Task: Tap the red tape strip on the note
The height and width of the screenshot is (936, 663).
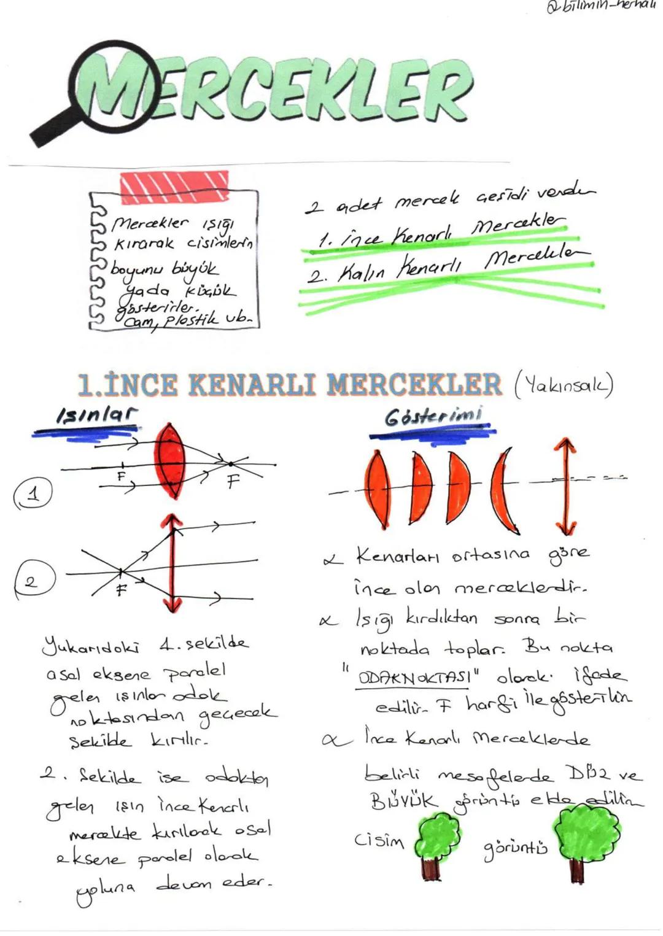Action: point(174,187)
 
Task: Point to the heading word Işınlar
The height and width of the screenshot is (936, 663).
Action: point(96,416)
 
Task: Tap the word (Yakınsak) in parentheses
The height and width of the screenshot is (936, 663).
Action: point(562,385)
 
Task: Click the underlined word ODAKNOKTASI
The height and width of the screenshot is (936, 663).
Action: point(415,679)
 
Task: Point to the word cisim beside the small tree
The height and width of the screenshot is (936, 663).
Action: point(379,840)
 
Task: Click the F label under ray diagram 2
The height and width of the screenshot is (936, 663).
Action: point(122,590)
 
